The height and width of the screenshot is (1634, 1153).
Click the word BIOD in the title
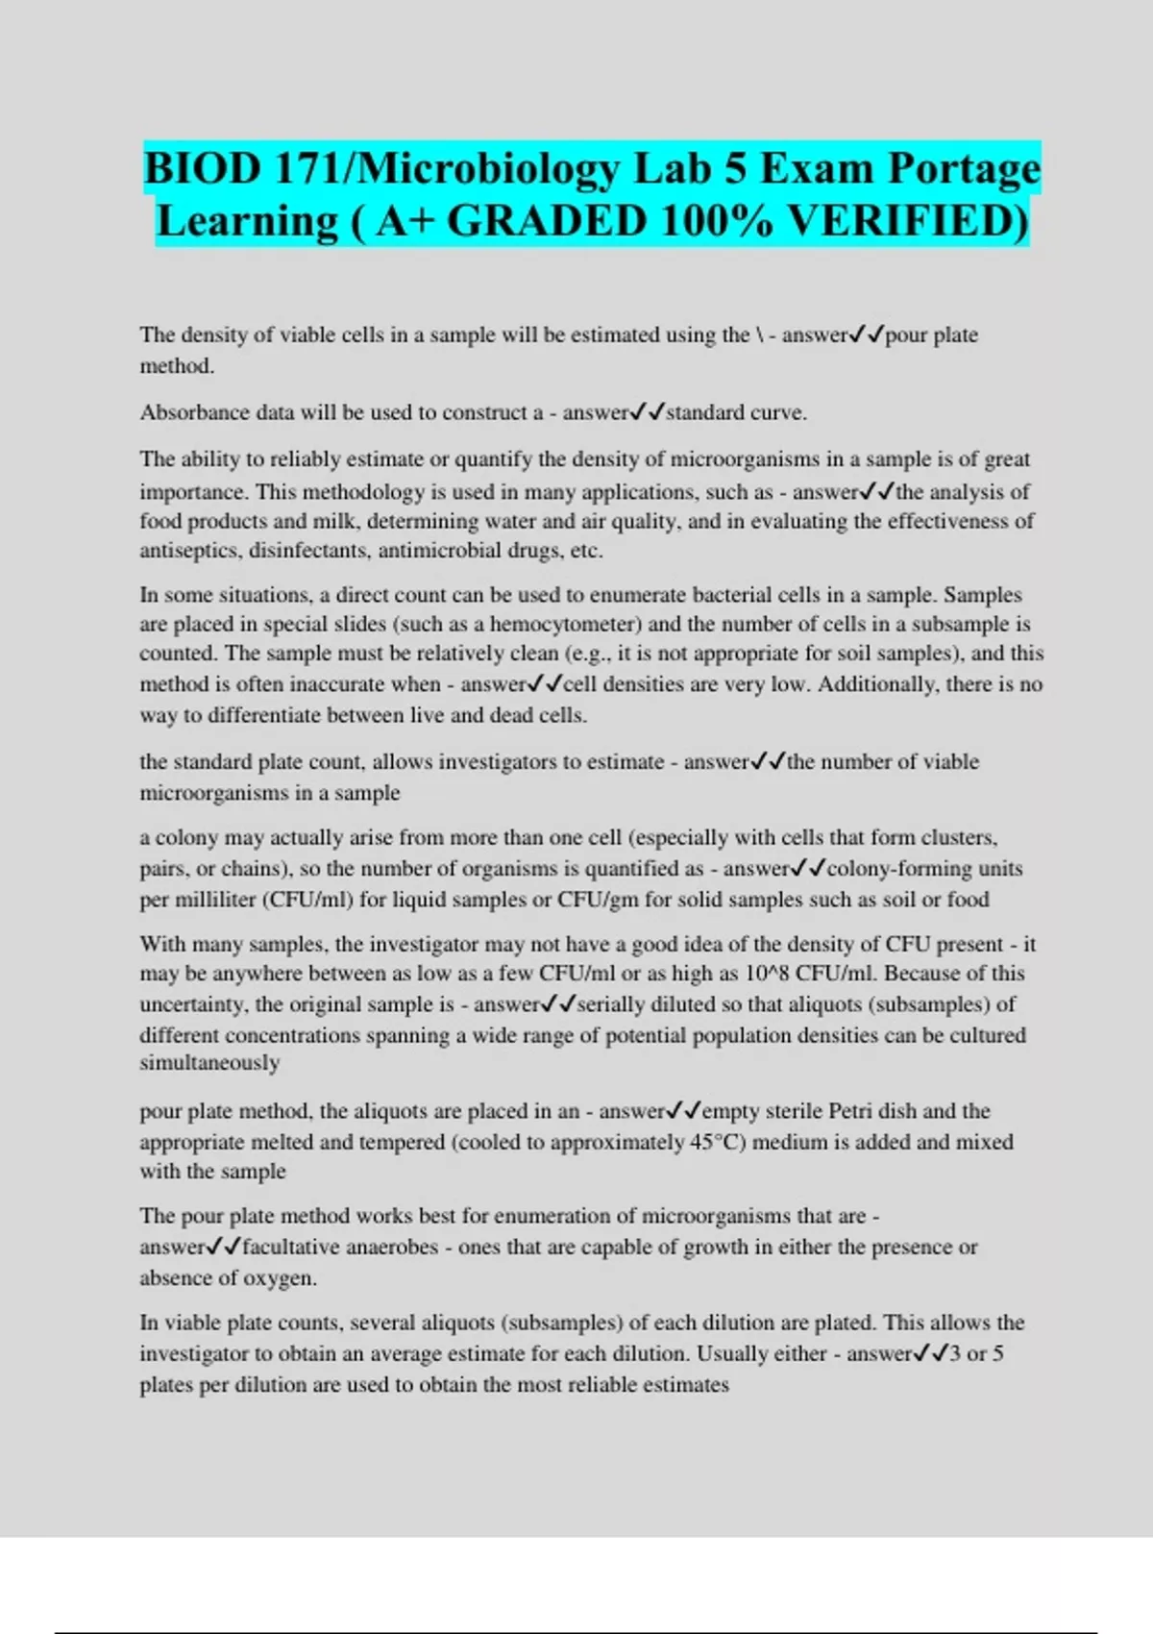click(x=203, y=169)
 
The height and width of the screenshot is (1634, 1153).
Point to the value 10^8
click(x=765, y=974)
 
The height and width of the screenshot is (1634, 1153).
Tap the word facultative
click(x=292, y=1248)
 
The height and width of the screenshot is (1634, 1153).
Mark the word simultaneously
click(x=209, y=1063)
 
